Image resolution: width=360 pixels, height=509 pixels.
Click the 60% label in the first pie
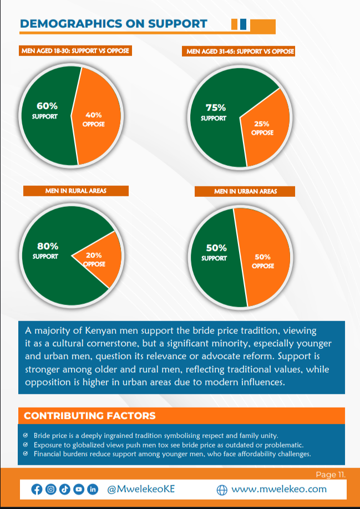(x=47, y=105)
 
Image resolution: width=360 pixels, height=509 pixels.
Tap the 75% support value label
(x=215, y=108)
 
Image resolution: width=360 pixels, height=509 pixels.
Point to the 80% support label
(x=47, y=246)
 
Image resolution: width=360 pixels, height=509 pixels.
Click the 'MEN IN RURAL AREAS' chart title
(x=76, y=191)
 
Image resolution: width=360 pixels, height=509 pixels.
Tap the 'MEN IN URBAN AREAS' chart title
(x=245, y=191)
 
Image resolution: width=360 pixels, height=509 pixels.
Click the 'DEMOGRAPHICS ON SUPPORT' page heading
(x=113, y=23)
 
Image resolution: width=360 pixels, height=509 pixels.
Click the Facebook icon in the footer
(x=37, y=489)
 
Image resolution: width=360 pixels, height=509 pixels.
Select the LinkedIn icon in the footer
(x=93, y=489)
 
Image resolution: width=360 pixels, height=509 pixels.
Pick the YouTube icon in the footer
(x=79, y=489)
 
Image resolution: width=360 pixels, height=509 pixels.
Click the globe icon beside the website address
(x=222, y=490)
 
